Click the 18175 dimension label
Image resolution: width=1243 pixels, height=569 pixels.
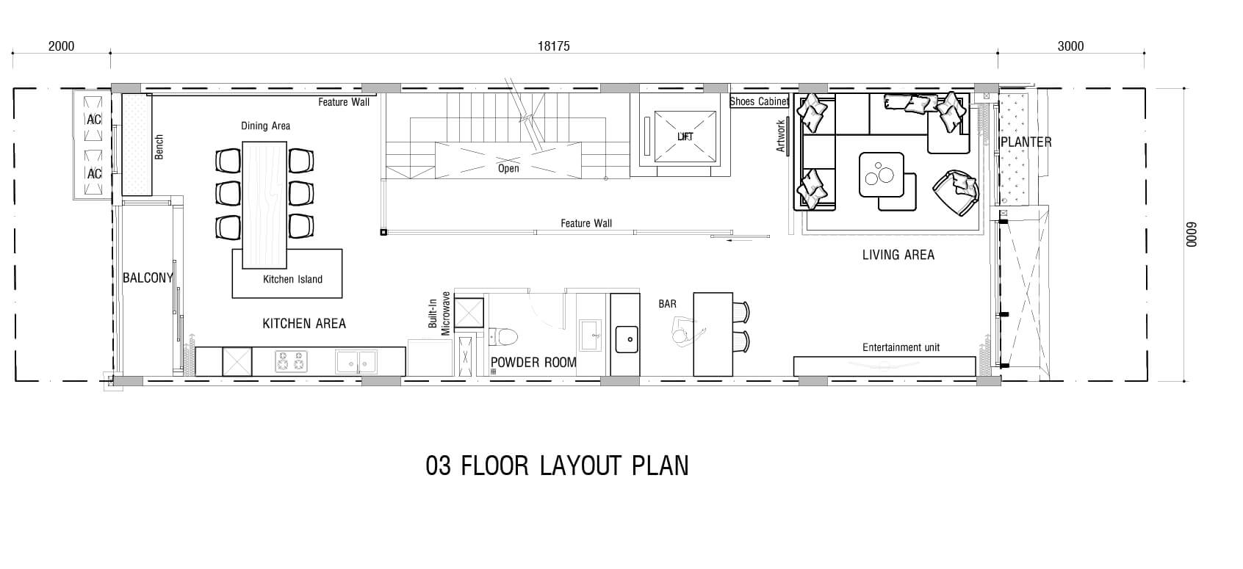[x=553, y=46]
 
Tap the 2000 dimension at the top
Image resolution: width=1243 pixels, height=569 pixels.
[x=61, y=46]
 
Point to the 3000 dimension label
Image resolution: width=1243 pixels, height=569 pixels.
[x=1070, y=46]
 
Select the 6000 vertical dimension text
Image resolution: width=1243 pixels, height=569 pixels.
[x=1192, y=235]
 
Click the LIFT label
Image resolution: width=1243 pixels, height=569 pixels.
[x=685, y=137]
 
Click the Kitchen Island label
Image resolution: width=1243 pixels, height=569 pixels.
[x=292, y=280]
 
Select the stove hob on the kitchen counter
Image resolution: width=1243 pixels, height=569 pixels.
[x=292, y=361]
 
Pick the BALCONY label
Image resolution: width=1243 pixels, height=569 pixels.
[x=148, y=278]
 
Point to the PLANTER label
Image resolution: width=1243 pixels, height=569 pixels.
[x=1026, y=142]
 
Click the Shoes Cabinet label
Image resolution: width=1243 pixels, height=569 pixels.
[x=759, y=101]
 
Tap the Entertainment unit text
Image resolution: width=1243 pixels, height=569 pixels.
[x=901, y=348]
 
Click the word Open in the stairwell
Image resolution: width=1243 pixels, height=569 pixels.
[x=508, y=169]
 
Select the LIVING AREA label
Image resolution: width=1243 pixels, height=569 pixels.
[x=898, y=255]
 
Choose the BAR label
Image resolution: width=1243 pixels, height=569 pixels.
[x=668, y=304]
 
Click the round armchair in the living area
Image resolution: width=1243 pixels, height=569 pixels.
[x=956, y=192]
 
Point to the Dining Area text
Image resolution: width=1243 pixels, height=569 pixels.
[x=265, y=126]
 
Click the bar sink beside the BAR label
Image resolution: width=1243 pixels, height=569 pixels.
[x=627, y=339]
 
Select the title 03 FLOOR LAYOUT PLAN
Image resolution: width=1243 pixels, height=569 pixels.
[x=557, y=466]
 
